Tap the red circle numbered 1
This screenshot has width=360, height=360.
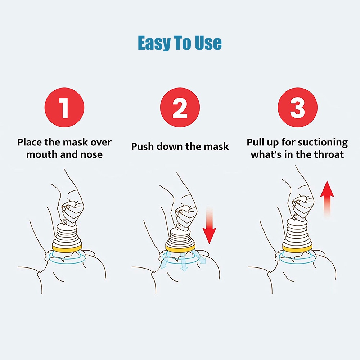click(64, 107)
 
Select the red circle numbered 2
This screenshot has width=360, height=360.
click(180, 107)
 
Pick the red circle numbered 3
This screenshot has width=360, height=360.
click(298, 107)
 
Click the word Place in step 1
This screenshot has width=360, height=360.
click(30, 142)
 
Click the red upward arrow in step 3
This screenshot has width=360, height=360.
click(327, 199)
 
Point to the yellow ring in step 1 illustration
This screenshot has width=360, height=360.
click(67, 248)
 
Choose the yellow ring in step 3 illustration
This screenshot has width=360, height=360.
click(298, 248)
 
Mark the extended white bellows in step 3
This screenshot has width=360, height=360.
click(298, 232)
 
